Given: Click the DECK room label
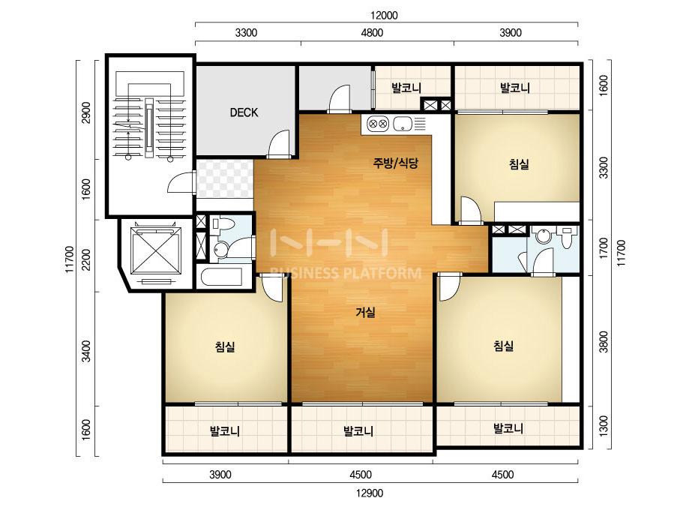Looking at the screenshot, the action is point(244,112).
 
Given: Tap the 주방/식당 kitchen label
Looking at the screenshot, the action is point(395,163).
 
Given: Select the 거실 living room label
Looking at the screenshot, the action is point(366,313).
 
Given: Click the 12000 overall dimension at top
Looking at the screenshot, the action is point(384,16).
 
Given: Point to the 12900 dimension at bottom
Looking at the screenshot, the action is point(370,493).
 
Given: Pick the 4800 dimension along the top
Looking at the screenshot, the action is point(372,33).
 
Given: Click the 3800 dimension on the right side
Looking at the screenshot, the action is point(604,341).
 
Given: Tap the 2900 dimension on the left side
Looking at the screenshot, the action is point(86,112).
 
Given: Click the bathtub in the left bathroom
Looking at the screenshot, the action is point(222,277).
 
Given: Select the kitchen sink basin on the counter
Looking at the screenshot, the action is point(402,124).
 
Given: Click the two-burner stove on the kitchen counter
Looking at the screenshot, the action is point(377,124).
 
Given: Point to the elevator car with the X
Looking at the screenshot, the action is point(156,252).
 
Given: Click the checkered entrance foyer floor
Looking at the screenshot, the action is point(225,178).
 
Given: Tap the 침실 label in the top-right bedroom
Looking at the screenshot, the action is point(519,165).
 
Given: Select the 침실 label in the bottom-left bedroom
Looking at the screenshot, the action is point(225,346).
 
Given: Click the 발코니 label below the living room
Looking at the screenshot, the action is point(358,430).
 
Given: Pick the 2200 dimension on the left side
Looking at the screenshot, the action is point(86,259).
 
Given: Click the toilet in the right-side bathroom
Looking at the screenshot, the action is point(567,237).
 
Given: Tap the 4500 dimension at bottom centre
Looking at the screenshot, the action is point(361,475).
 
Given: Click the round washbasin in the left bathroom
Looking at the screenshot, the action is point(220,250).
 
